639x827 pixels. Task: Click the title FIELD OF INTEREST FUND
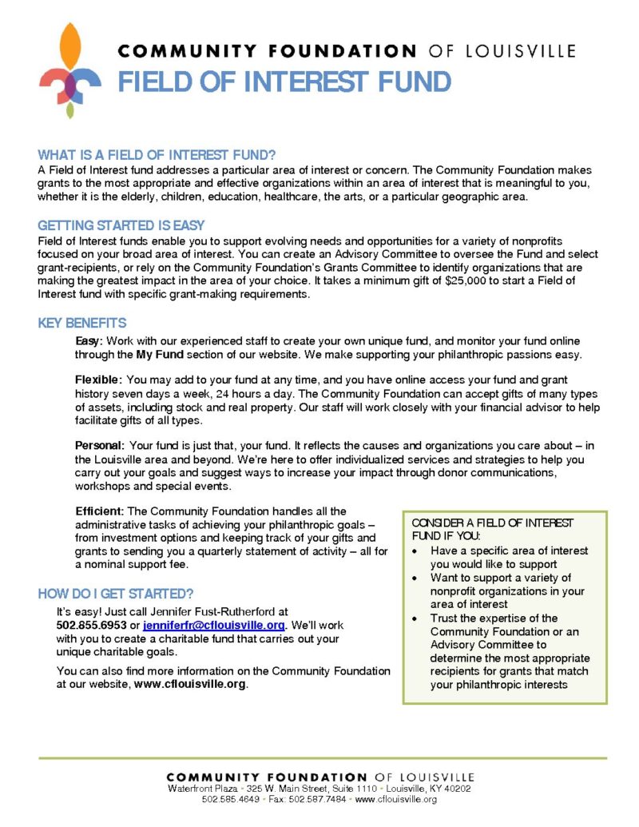(x=284, y=81)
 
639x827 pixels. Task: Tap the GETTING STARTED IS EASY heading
(x=121, y=225)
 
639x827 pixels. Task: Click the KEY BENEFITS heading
(x=82, y=324)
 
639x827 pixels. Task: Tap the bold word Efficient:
(x=100, y=511)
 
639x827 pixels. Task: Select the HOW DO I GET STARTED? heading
(x=116, y=593)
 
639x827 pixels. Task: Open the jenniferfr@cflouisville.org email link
(x=214, y=625)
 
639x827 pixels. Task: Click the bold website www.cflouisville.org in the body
(x=190, y=684)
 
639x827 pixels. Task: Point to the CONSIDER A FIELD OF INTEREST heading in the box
(x=493, y=523)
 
